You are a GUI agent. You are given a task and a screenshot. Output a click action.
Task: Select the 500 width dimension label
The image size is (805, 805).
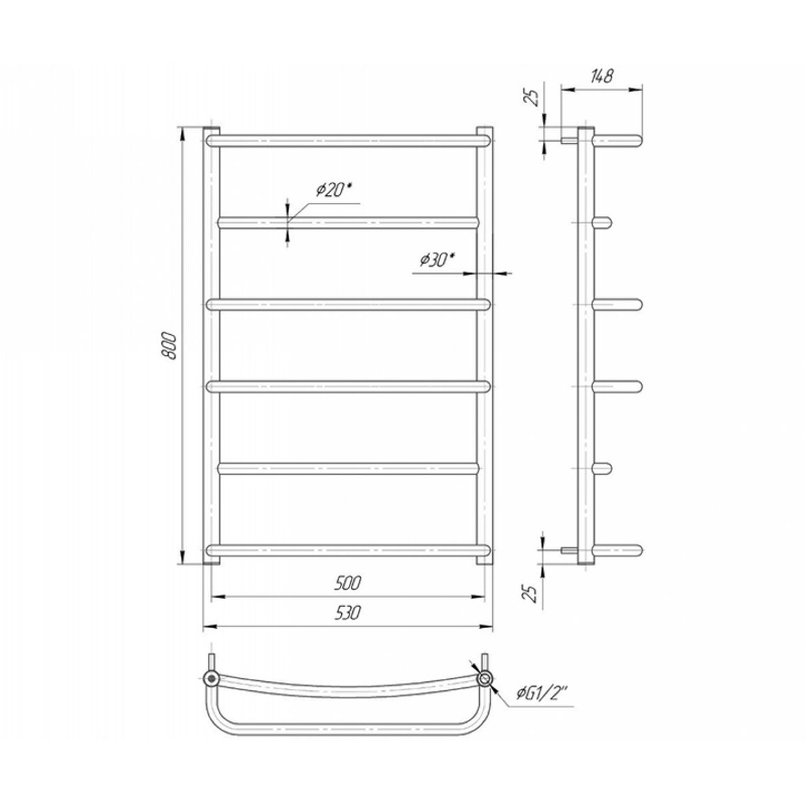click(x=347, y=584)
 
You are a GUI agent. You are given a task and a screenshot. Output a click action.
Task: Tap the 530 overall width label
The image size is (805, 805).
click(x=347, y=613)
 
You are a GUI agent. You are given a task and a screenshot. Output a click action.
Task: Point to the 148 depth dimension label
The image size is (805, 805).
click(x=601, y=76)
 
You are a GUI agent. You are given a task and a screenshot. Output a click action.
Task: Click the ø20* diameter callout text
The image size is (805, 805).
click(x=334, y=190)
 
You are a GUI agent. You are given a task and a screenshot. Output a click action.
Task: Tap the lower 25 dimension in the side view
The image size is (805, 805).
click(x=533, y=593)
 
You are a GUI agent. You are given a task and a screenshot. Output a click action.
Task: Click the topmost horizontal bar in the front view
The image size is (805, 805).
click(x=349, y=140)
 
